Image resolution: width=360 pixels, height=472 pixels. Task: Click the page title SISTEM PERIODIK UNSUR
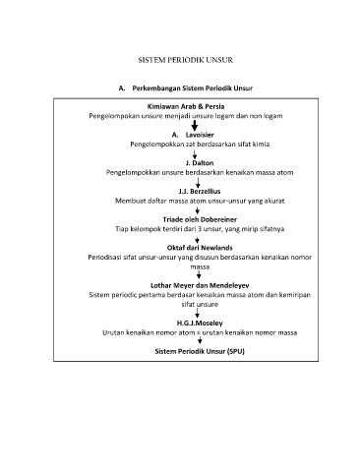point(186,60)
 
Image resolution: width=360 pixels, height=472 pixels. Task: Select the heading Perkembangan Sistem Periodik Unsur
point(193,88)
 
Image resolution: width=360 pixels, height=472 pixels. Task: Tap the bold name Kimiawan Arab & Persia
point(186,106)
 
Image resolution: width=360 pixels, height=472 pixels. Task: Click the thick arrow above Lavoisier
point(195,126)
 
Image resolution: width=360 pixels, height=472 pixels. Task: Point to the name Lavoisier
point(200,135)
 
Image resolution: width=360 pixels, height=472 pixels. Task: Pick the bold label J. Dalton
point(200,163)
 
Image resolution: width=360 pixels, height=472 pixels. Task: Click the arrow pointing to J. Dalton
point(195,154)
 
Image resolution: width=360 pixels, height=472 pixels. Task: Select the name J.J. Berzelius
point(200,191)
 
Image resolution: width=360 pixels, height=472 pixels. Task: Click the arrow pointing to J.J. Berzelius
point(198,183)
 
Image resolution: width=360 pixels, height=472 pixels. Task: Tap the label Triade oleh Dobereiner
point(200,219)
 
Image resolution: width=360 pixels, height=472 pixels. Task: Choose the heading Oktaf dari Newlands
point(200,248)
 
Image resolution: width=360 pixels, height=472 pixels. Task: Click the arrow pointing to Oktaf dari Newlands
point(197,240)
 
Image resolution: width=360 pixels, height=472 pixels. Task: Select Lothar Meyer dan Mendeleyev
point(200,285)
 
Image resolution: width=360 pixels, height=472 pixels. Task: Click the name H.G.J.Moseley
point(200,323)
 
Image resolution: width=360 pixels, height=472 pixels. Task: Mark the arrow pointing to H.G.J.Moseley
point(198,313)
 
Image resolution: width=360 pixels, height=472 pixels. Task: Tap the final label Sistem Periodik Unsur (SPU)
point(200,351)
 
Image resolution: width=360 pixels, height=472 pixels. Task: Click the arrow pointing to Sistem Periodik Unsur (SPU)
point(200,341)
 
